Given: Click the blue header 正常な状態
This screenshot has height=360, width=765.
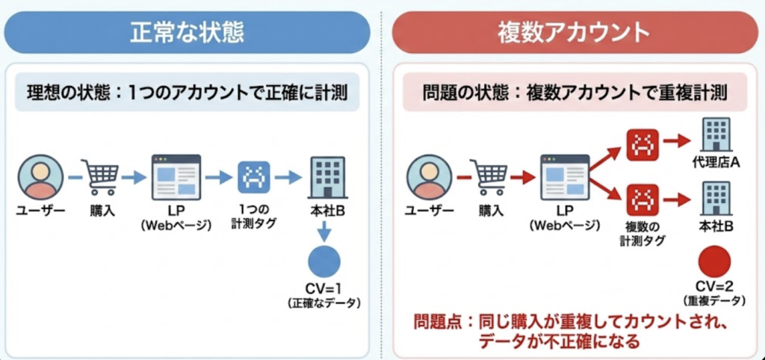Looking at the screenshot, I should tap(187, 33).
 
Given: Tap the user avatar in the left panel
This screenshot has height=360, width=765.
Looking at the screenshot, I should tap(40, 177).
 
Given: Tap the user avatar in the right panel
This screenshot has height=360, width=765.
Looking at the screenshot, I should tap(429, 177).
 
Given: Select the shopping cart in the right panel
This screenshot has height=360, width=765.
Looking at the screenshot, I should tap(490, 177).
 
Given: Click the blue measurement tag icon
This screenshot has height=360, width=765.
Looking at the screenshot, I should tap(253, 177).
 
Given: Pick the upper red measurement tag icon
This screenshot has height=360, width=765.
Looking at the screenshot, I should tap(642, 144).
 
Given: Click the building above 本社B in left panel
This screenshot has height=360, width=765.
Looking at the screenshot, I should tap(326, 177).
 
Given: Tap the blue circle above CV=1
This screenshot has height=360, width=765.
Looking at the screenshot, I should tap(324, 261).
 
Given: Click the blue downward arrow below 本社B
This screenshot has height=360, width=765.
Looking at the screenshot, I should tap(326, 232).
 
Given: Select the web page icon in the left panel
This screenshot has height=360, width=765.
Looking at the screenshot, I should tap(176, 177).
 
